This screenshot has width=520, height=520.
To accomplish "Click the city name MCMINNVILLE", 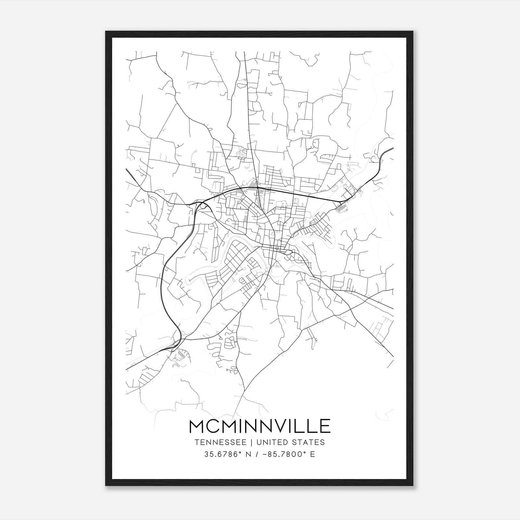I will (x=260, y=426).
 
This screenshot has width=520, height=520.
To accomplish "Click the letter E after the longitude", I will (x=313, y=454).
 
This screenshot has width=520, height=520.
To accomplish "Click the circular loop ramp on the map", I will (x=203, y=205).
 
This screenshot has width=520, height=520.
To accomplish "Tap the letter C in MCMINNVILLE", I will (x=214, y=426).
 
